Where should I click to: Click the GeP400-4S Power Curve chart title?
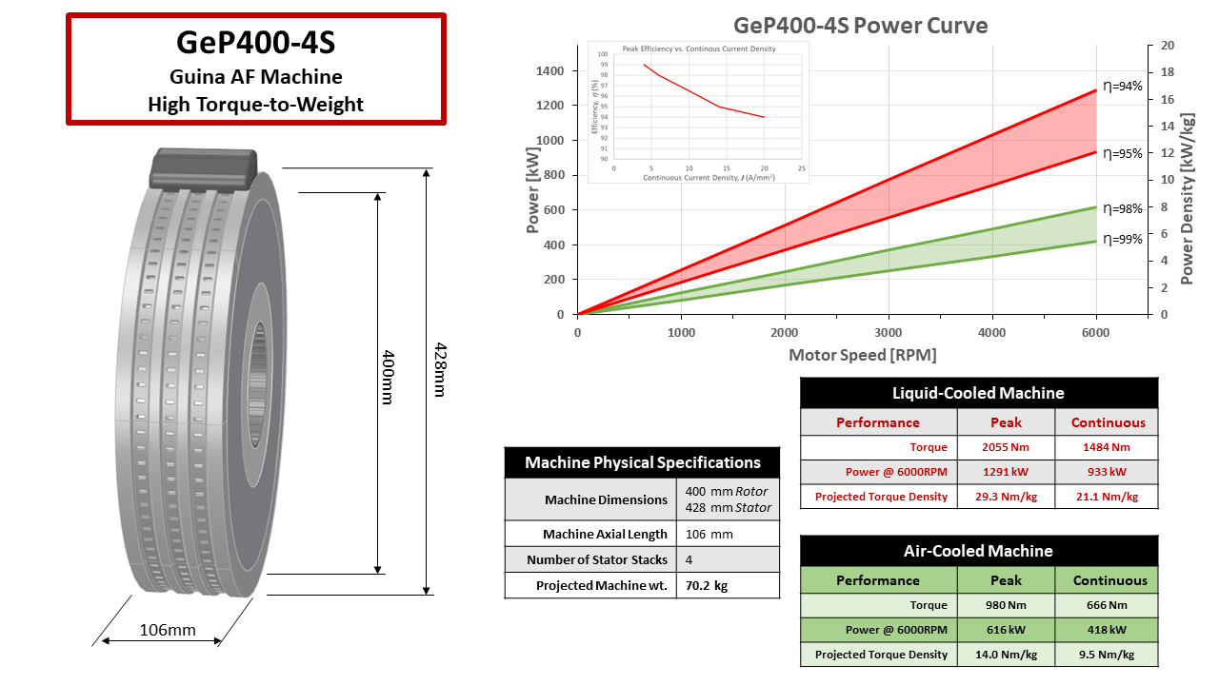click(x=860, y=25)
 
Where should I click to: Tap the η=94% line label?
click(x=1122, y=86)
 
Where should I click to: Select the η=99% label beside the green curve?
click(x=1122, y=239)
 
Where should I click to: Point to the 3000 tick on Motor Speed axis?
click(x=888, y=333)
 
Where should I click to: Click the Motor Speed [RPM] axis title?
click(x=862, y=355)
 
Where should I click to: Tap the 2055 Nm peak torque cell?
click(x=1006, y=447)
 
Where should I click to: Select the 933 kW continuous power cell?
click(x=1107, y=472)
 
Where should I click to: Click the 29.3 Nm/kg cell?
click(x=1006, y=496)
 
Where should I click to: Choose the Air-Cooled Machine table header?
click(x=978, y=551)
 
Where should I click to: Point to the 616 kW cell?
click(x=1006, y=630)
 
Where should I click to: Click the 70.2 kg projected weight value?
click(x=707, y=586)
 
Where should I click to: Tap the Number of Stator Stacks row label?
click(x=597, y=559)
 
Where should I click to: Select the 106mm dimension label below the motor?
click(x=168, y=630)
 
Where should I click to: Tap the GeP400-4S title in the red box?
click(x=255, y=43)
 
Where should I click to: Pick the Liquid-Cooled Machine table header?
click(x=978, y=393)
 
